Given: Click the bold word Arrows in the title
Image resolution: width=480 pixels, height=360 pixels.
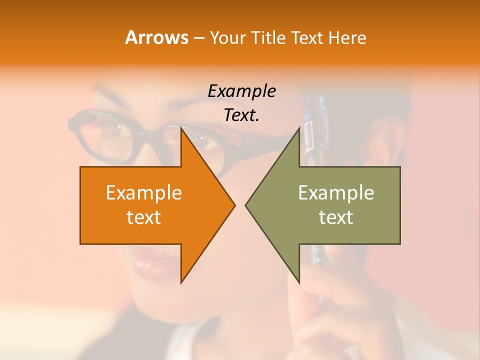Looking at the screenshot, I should [x=156, y=37].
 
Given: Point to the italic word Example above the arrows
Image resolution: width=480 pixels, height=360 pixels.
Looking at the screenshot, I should [x=241, y=91].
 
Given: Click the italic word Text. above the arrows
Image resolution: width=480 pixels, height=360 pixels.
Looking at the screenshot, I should [x=241, y=115].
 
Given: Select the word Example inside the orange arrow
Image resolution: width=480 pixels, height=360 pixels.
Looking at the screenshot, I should [x=143, y=193].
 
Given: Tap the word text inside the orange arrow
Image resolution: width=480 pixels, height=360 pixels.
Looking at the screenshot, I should [x=143, y=217].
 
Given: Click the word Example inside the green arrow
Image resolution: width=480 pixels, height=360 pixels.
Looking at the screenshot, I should [x=336, y=193].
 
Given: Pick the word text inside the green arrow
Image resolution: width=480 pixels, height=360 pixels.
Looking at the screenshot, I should [x=336, y=217].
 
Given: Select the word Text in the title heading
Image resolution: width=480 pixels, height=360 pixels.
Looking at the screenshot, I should [x=306, y=38].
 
